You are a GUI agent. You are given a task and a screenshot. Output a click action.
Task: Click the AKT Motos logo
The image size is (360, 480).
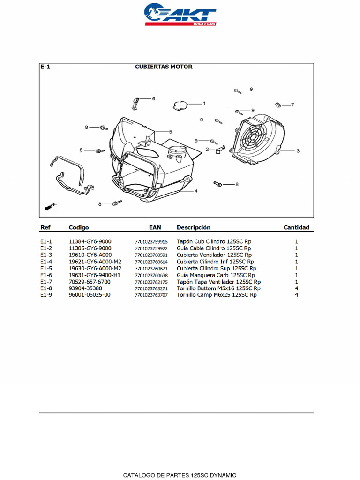pos(180,15)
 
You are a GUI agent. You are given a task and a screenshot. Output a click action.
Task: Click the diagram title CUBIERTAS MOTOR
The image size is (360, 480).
pos(164,67)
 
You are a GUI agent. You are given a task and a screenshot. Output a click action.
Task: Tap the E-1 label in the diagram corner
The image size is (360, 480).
pos(45,67)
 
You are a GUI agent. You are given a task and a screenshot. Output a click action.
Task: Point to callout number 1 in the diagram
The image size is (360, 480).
pos(204,103)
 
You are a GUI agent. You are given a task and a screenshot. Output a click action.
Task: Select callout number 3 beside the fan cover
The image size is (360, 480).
pos(297,151)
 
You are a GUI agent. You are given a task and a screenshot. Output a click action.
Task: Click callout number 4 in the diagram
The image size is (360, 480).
pos(196,191)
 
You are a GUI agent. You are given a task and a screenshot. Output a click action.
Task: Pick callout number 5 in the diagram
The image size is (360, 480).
pos(170,132)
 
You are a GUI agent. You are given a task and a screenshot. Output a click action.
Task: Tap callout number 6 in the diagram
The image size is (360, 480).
pos(153,98)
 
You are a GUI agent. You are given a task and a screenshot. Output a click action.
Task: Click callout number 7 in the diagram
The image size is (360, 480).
pos(292,105)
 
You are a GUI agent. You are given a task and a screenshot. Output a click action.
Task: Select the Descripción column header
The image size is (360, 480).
pos(193,228)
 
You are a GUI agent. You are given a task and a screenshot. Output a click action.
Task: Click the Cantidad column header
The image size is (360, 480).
pos(296,228)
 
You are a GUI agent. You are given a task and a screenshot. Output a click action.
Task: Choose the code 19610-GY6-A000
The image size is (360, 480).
pos(90,255)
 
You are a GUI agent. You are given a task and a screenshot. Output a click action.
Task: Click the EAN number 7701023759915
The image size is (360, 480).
pos(151,242)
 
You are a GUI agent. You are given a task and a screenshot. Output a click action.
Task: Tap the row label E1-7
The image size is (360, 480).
pos(46,282)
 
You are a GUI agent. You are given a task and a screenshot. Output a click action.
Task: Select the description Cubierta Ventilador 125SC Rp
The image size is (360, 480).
pos(213,255)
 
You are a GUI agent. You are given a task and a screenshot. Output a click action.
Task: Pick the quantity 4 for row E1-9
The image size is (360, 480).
pos(296,295)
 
